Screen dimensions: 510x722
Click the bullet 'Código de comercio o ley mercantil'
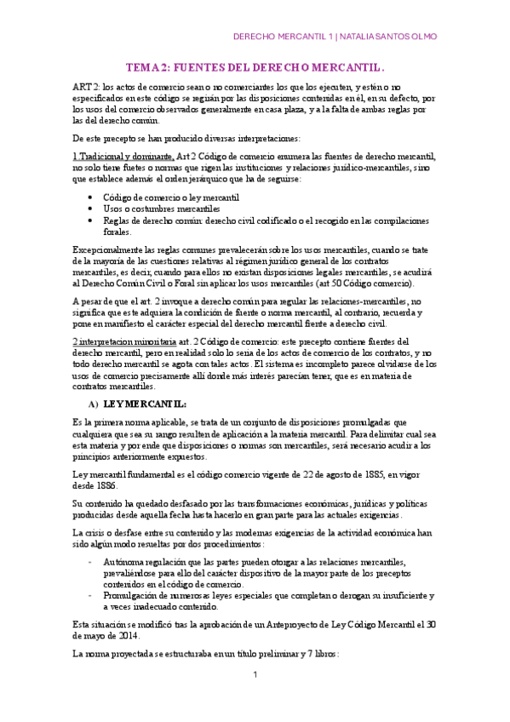[x=158, y=198]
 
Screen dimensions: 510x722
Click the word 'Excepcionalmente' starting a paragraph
[x=106, y=249]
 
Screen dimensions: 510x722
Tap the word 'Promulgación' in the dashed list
[x=129, y=583]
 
